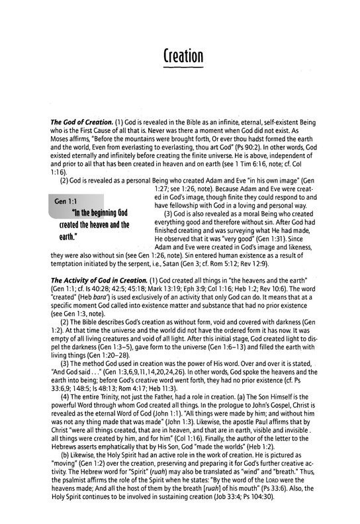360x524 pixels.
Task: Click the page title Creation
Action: click(179, 54)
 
